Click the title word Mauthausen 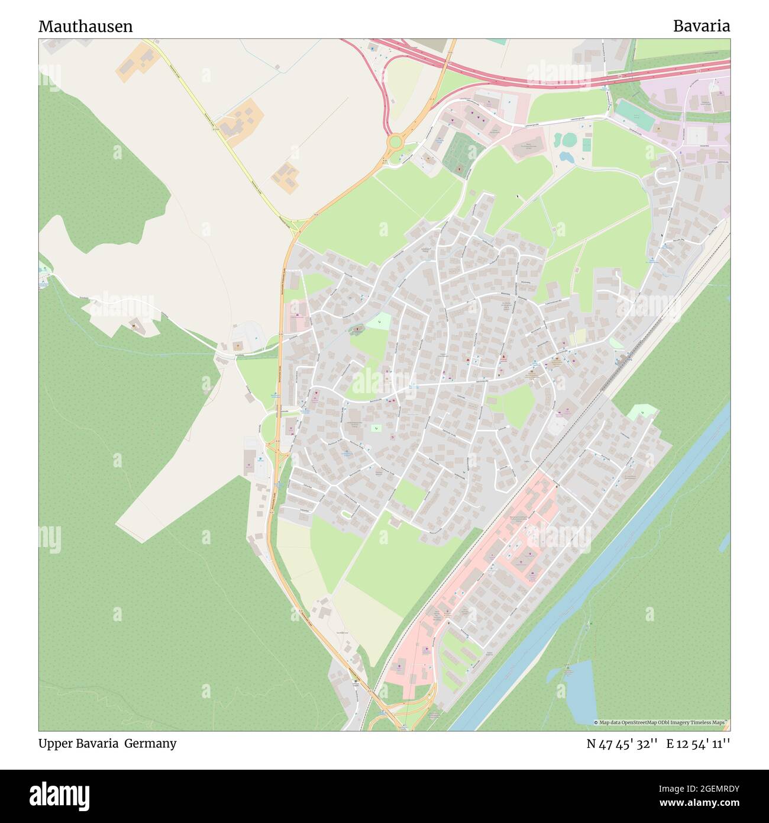[85, 27]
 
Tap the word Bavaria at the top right [701, 26]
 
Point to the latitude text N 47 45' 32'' [622, 744]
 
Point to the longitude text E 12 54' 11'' [698, 744]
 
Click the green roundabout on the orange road [394, 142]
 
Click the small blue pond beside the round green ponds [564, 157]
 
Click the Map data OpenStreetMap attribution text [661, 722]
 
